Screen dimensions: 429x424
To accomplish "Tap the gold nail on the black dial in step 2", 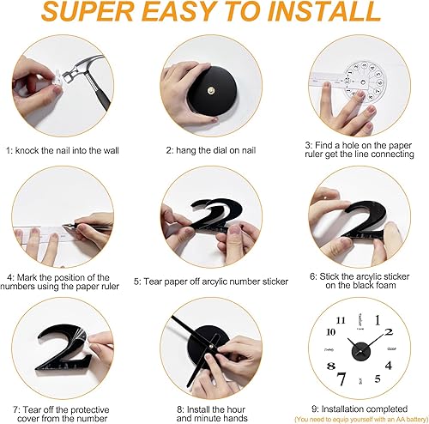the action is point(211,90).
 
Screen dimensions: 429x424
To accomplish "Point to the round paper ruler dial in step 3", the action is point(364,81).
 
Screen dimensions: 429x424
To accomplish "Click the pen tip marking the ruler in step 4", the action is point(64,227).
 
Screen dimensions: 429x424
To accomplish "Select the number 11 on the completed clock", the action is point(341,320).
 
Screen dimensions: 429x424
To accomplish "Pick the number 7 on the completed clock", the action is point(341,379).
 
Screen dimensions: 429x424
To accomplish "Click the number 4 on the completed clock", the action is point(388,366).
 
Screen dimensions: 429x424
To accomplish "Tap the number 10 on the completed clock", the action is point(330,332).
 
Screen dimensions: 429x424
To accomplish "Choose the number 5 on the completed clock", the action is point(378,379).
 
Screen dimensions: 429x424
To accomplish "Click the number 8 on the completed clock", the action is point(331,366).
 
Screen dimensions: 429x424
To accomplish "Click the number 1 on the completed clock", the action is point(378,320).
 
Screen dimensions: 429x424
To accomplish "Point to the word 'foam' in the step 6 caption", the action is point(385,285).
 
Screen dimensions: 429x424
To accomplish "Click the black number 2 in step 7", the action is point(64,348).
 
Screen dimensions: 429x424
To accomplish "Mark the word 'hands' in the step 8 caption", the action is point(236,418).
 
